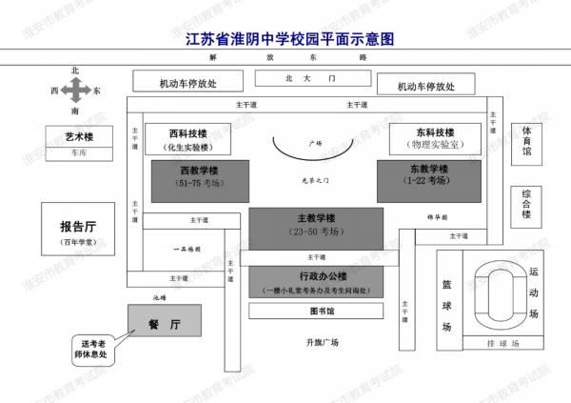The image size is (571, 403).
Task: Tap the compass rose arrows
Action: pyautogui.click(x=76, y=91)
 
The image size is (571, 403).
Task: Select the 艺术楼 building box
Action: pyautogui.click(x=85, y=137)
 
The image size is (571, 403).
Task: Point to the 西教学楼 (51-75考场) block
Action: pyautogui.click(x=200, y=174)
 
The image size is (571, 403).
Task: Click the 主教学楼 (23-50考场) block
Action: pyautogui.click(x=316, y=224)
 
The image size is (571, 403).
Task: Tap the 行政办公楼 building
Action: pyautogui.click(x=316, y=279)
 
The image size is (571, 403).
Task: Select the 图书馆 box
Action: pyautogui.click(x=316, y=311)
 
